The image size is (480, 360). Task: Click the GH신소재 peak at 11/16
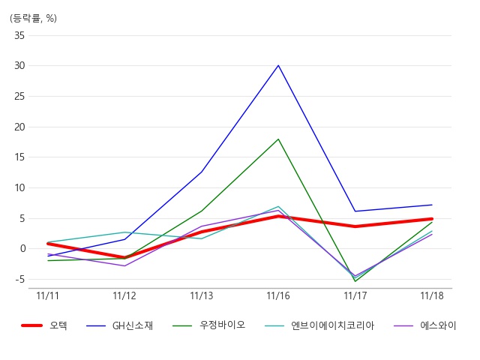click(x=278, y=65)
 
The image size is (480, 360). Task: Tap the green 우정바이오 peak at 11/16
click(x=278, y=139)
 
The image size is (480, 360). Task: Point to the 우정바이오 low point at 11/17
click(x=355, y=281)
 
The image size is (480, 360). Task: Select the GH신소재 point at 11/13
click(x=202, y=172)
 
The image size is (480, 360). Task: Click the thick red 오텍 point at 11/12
click(x=124, y=257)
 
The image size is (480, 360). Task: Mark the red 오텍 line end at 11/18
click(x=432, y=219)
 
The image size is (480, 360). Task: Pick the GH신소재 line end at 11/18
click(x=432, y=205)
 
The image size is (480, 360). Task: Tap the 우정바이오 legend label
click(x=222, y=325)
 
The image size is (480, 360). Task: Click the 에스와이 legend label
click(x=438, y=325)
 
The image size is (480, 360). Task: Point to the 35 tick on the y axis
click(x=19, y=35)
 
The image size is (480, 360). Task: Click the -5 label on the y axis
click(x=19, y=279)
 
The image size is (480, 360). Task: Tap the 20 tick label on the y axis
click(x=19, y=127)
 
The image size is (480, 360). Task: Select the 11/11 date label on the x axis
click(x=47, y=295)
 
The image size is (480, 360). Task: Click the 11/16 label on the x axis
click(x=278, y=295)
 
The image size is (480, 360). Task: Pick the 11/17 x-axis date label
click(x=355, y=295)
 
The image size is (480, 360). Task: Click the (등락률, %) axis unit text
click(x=33, y=18)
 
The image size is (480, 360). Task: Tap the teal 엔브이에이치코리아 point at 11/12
click(x=124, y=232)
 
